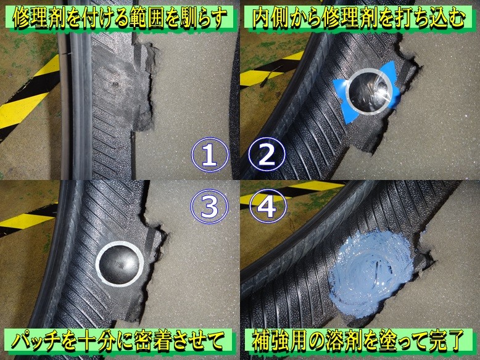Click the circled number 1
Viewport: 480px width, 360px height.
[210, 155]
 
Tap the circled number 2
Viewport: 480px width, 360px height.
[267, 155]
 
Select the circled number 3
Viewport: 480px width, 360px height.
[210, 207]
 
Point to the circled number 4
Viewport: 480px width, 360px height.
[267, 207]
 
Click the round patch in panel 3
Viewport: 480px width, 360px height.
[120, 264]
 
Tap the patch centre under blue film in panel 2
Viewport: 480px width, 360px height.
[369, 92]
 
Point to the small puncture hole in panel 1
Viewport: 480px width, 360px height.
[115, 83]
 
